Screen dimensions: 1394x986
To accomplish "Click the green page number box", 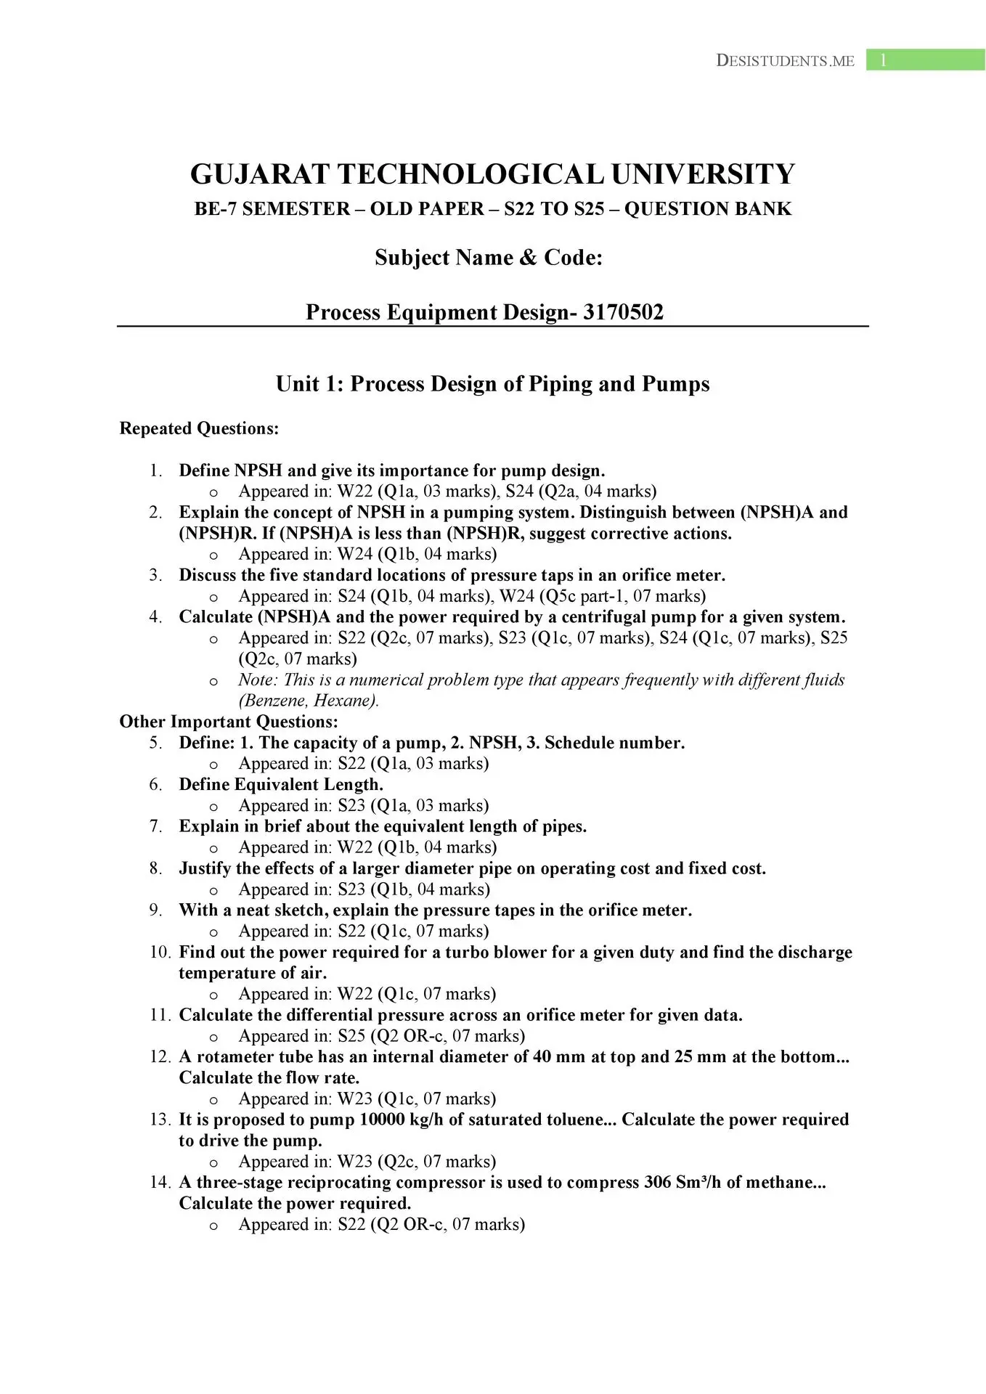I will click(925, 60).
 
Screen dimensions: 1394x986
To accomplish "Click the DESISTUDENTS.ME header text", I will click(785, 61).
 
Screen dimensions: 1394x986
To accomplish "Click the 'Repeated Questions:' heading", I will click(199, 428).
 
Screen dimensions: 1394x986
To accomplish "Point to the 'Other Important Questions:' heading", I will click(229, 722).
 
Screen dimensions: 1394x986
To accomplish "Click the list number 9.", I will click(156, 910).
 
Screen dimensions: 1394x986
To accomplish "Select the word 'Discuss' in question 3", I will click(208, 576).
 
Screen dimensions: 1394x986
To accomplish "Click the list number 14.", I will click(160, 1183).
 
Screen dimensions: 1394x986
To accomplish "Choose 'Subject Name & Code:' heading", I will click(489, 258).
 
